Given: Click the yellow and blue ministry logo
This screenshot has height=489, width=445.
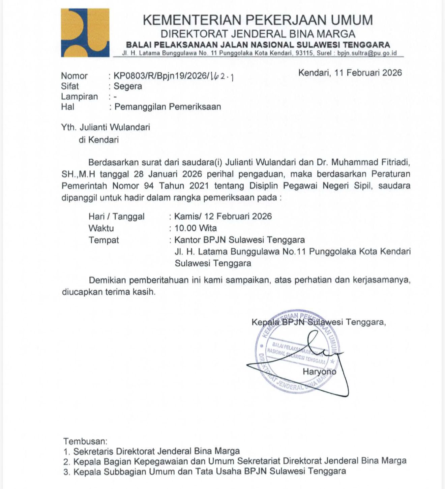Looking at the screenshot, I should point(85,33).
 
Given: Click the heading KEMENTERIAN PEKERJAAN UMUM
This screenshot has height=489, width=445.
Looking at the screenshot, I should point(258,20).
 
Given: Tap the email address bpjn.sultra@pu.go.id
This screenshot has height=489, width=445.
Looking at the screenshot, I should point(367,53).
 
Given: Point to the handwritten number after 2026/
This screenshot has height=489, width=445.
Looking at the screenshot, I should point(222,77).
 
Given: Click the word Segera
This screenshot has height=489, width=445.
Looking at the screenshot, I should point(128,86).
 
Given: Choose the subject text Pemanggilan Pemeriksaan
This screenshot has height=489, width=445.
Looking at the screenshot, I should point(168,107).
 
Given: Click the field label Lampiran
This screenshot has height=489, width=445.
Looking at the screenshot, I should point(79,97).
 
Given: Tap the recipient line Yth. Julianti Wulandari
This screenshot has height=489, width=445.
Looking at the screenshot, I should point(106,127).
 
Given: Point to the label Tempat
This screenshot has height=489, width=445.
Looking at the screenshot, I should point(103,240).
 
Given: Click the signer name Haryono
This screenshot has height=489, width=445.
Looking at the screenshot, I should point(319,371).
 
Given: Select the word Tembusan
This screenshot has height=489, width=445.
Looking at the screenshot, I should point(85,441).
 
